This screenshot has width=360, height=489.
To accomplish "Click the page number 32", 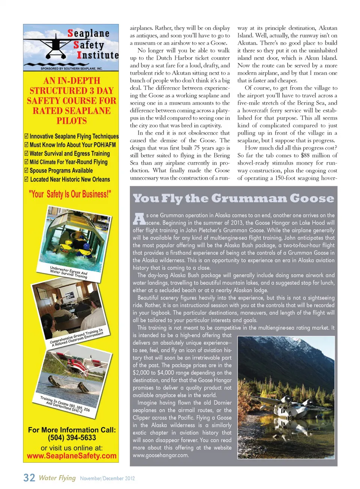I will pyautogui.click(x=29, y=478).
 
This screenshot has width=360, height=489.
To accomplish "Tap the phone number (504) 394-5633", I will pyautogui.click(x=72, y=438).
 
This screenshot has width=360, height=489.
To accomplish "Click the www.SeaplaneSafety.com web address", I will pyautogui.click(x=72, y=456).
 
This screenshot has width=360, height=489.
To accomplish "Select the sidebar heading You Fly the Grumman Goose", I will pyautogui.click(x=233, y=198).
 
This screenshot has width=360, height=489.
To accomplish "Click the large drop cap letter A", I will pyautogui.click(x=139, y=219).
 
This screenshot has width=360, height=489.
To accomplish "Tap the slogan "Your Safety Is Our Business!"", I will pyautogui.click(x=70, y=194).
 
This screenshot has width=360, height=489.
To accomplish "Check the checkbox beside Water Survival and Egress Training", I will pyautogui.click(x=26, y=154).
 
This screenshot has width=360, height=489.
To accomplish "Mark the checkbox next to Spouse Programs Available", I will pyautogui.click(x=26, y=171).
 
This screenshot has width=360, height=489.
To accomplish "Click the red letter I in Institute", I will pyautogui.click(x=79, y=55).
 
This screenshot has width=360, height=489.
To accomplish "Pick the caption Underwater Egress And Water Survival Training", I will pyautogui.click(x=69, y=272).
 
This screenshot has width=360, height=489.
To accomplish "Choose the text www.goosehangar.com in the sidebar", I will pyautogui.click(x=160, y=455).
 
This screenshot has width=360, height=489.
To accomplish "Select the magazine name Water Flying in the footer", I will pyautogui.click(x=57, y=478).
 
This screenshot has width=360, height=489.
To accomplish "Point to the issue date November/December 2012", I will pyautogui.click(x=107, y=479).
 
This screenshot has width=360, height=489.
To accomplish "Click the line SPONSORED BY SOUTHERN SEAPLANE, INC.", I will pyautogui.click(x=71, y=69).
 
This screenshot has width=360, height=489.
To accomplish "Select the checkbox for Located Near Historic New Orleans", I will pyautogui.click(x=26, y=179).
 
